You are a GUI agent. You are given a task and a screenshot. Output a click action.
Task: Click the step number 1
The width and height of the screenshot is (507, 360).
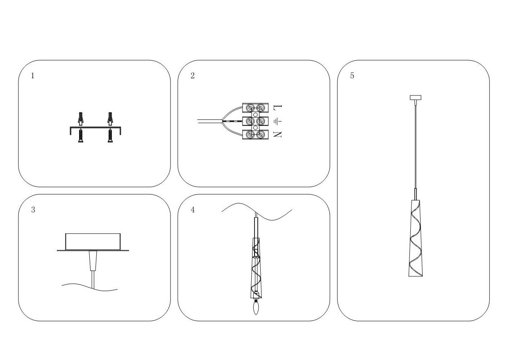click(33, 75)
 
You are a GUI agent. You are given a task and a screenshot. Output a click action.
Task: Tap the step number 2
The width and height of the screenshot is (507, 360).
click(192, 75)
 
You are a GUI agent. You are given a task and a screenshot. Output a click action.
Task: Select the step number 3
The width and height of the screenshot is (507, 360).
click(33, 210)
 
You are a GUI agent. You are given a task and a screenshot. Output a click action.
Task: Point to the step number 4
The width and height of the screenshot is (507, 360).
click(193, 210)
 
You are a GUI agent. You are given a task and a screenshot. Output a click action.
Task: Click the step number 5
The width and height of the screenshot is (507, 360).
click(352, 75)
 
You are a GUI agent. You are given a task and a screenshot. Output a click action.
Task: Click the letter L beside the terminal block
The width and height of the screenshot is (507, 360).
click(278, 107)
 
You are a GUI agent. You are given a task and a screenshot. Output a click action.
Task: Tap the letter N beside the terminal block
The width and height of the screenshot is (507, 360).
click(277, 134)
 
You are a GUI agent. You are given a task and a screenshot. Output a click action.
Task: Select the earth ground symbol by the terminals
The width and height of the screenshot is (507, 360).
click(278, 122)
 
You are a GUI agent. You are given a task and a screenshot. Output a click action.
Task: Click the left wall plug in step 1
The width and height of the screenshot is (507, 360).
click(81, 119)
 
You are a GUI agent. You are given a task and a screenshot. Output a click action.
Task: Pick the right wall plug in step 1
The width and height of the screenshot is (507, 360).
click(110, 119)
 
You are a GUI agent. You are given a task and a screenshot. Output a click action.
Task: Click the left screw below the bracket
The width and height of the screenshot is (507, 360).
click(81, 136)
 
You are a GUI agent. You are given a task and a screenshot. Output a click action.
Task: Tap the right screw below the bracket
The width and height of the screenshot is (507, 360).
click(110, 136)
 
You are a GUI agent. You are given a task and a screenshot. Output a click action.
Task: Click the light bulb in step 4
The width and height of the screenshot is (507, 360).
click(256, 307)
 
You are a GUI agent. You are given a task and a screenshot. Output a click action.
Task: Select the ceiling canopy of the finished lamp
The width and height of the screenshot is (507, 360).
click(416, 98)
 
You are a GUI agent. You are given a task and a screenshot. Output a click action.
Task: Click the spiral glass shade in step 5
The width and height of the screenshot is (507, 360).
click(416, 238)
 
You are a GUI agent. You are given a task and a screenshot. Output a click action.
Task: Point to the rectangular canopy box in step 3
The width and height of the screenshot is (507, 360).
click(93, 242)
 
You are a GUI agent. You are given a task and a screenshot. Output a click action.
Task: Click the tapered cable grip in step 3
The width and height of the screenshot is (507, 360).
click(93, 261)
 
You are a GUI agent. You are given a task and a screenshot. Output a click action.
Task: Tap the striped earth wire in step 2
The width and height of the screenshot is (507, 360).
click(233, 122)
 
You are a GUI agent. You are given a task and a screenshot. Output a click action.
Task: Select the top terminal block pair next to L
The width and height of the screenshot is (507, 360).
click(255, 108)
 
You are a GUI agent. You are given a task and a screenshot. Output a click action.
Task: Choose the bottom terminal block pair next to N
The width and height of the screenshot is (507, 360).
click(255, 134)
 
